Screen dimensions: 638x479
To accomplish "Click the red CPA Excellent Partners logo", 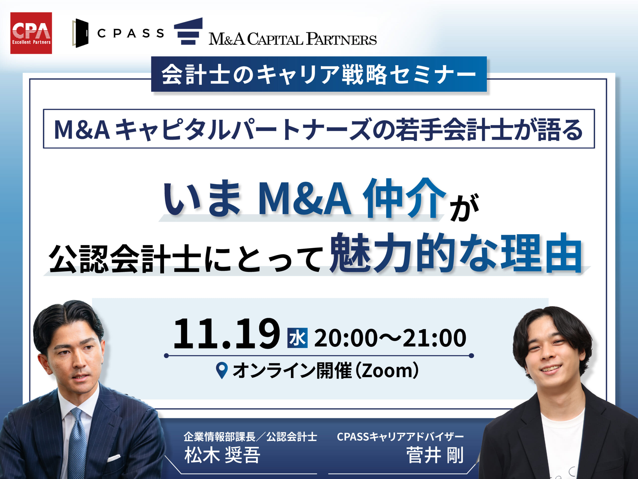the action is [x=31, y=33].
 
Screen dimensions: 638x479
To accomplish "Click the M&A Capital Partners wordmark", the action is [x=293, y=39].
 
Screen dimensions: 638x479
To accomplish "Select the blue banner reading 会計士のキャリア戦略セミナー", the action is [x=319, y=74].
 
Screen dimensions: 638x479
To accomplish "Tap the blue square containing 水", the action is [x=297, y=338].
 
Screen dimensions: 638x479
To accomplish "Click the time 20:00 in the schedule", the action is [x=345, y=338].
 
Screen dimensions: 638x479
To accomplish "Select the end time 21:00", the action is [x=434, y=338].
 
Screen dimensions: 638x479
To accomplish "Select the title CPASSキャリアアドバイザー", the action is [x=400, y=437].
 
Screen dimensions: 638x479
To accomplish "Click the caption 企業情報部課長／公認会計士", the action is [x=250, y=437].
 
